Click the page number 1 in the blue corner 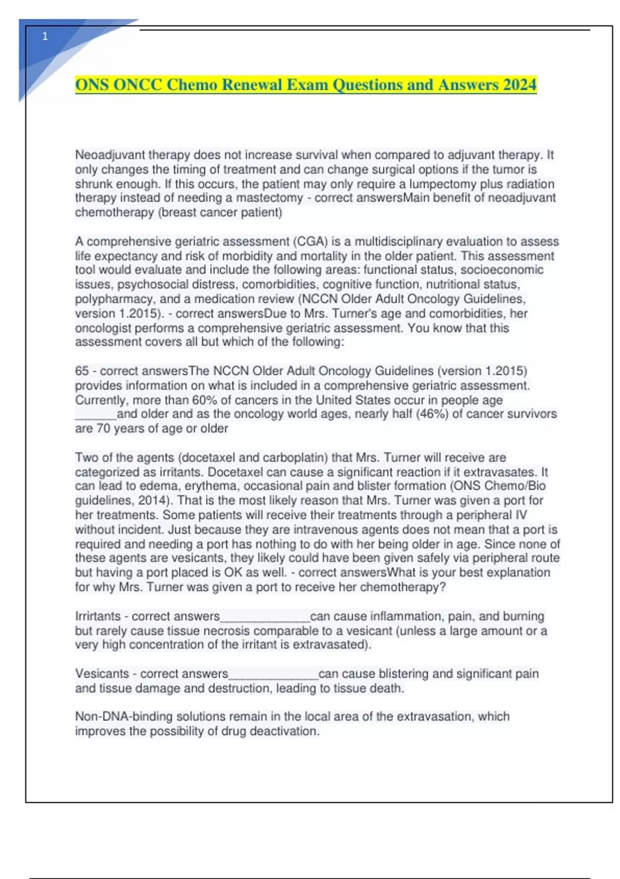(x=45, y=36)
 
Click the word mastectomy (x=270, y=198)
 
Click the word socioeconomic (x=502, y=270)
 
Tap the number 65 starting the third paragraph (x=82, y=371)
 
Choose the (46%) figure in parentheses (x=432, y=414)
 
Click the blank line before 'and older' (x=96, y=415)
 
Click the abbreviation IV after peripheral (x=521, y=515)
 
